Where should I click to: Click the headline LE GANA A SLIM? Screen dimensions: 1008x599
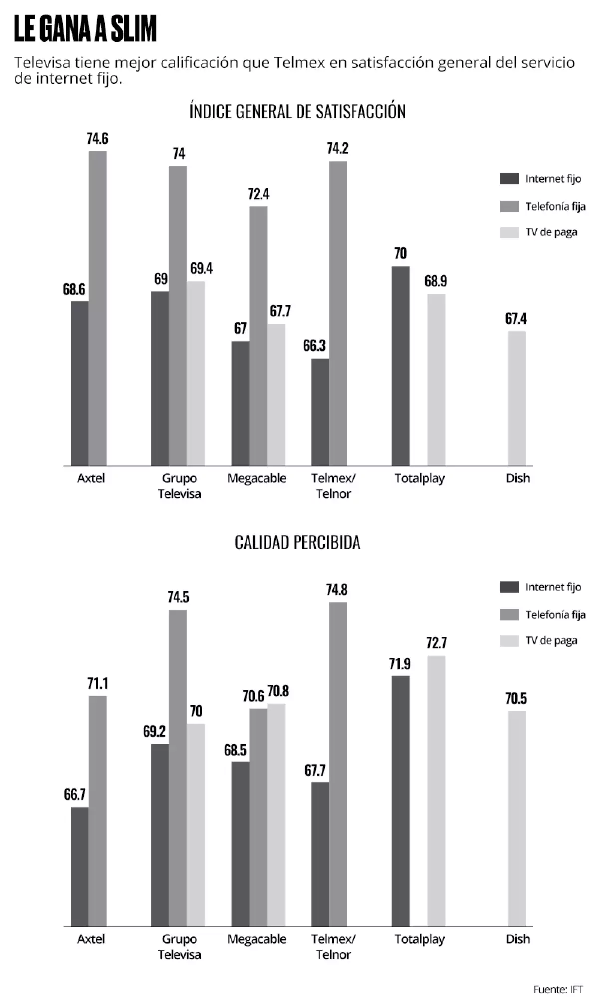point(85,29)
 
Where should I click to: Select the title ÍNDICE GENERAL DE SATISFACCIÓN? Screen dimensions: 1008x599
point(298,111)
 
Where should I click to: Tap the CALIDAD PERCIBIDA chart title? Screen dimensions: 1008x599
point(298,542)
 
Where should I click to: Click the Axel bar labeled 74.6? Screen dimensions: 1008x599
point(98,308)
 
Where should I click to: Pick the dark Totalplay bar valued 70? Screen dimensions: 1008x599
point(400,366)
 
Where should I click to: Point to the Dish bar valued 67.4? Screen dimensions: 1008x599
point(516,398)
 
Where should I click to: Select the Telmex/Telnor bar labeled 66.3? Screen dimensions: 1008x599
point(320,412)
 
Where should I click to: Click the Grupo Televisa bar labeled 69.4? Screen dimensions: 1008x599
point(196,373)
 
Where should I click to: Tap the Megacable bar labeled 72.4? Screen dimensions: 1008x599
point(258,336)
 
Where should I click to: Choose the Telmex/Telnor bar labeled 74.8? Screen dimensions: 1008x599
point(338,764)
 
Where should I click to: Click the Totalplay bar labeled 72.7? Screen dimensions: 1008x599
point(436,791)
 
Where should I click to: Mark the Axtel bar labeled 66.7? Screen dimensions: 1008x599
point(80,867)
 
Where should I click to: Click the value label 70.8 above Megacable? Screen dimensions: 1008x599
point(278,691)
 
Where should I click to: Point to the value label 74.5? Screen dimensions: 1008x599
point(178,597)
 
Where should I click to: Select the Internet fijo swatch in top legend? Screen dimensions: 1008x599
point(509,179)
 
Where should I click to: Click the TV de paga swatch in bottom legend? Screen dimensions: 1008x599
point(509,641)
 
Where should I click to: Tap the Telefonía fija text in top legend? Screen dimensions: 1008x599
point(555,206)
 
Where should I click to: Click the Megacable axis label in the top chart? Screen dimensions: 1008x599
point(257,478)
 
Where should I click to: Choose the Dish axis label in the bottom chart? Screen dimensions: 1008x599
point(518,939)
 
